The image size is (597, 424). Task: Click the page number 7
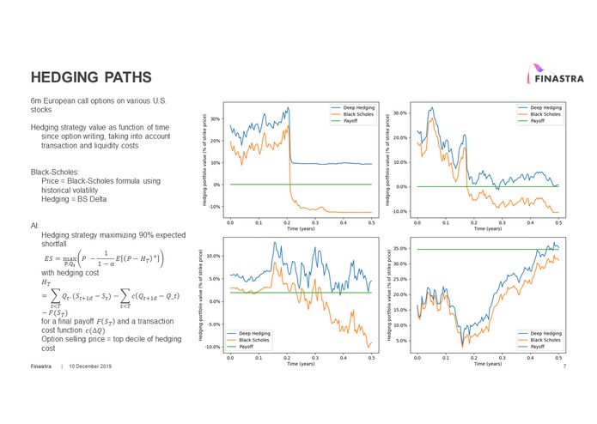pyautogui.click(x=564, y=366)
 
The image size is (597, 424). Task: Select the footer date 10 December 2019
pyautogui.click(x=90, y=366)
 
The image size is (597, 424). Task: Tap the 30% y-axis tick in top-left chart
pyautogui.click(x=215, y=119)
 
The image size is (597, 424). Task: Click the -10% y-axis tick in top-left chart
pyautogui.click(x=214, y=207)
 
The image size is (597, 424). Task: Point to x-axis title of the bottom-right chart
pyautogui.click(x=487, y=364)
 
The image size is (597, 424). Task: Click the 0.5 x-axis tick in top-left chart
pyautogui.click(x=371, y=221)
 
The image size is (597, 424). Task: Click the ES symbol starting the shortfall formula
pyautogui.click(x=48, y=257)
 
